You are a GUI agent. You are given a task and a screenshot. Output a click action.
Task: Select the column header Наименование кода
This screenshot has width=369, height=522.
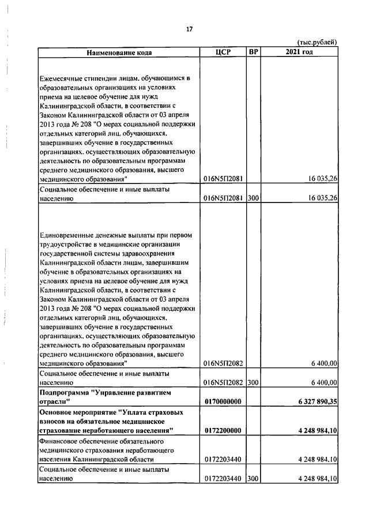119,52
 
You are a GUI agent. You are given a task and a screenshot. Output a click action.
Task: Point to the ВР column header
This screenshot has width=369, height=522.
253,52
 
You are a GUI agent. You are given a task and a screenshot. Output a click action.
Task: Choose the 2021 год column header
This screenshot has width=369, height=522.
299,52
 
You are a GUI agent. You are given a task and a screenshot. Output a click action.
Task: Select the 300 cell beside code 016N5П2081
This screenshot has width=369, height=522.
253,198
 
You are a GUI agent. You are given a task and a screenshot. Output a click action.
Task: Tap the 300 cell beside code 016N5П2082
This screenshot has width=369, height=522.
253,382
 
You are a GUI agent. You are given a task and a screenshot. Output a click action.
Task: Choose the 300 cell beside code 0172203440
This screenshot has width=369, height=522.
253,479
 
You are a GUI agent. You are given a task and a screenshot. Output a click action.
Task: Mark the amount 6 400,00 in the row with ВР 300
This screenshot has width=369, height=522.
323,382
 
